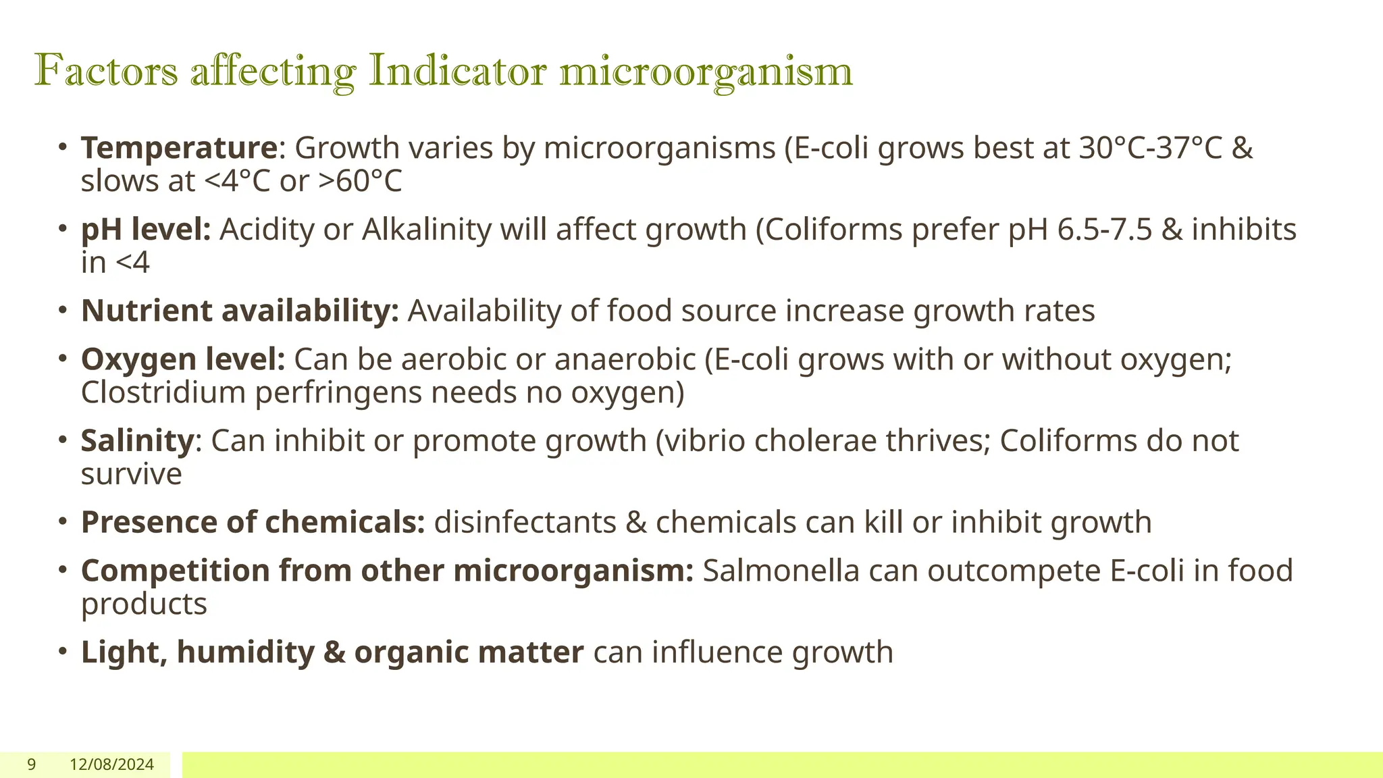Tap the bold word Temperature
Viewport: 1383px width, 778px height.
pos(179,148)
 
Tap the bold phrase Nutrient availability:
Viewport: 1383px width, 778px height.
pos(240,311)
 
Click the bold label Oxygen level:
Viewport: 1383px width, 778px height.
pos(183,359)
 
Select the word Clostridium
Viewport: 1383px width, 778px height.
pos(163,392)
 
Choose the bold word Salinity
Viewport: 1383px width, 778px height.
pos(138,441)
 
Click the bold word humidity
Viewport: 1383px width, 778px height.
pos(245,652)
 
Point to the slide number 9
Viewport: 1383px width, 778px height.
pos(31,764)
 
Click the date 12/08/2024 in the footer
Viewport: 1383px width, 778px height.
pos(111,764)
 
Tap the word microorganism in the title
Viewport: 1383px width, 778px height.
pos(706,70)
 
